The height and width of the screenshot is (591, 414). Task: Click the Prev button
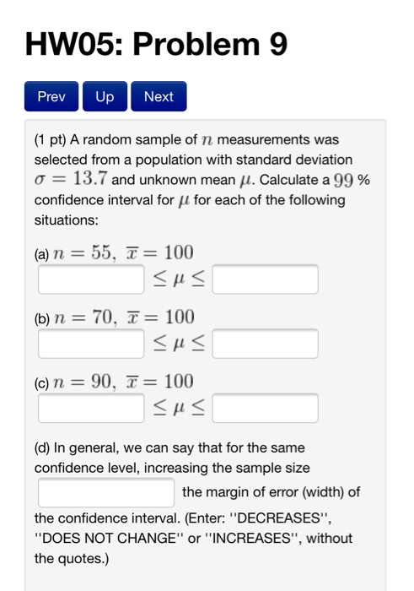(x=51, y=96)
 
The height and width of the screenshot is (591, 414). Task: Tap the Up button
(x=105, y=96)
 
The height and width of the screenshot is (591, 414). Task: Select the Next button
(x=159, y=96)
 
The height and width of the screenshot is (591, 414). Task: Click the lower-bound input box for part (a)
(x=90, y=279)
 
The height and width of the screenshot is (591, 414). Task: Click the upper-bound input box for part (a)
(x=265, y=279)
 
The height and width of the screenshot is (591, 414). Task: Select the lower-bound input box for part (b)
(x=90, y=344)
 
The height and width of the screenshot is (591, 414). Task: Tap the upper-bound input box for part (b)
(x=265, y=344)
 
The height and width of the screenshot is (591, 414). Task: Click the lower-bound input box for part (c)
(x=90, y=408)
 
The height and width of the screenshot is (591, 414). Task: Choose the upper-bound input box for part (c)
(x=265, y=408)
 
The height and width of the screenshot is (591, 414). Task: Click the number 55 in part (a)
(x=103, y=252)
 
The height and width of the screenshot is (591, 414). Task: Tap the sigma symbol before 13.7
(x=40, y=180)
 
